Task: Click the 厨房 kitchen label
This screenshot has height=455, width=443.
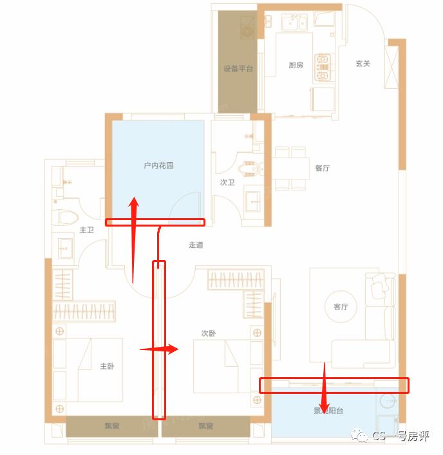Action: click(x=296, y=65)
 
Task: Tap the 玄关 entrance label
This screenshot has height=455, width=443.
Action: click(x=363, y=64)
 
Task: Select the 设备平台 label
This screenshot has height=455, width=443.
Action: click(x=238, y=68)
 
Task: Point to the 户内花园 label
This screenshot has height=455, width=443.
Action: click(x=158, y=165)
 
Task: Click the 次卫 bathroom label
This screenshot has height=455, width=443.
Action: click(x=227, y=183)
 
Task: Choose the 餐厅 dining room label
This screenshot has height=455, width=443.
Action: click(x=323, y=168)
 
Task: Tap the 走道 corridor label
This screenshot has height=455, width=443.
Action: click(x=196, y=245)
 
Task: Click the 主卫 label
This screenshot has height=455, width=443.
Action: click(x=87, y=230)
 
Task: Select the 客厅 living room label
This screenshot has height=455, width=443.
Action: click(x=341, y=307)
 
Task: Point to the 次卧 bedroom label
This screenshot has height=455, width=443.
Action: click(x=208, y=333)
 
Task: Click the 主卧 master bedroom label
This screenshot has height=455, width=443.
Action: click(x=107, y=366)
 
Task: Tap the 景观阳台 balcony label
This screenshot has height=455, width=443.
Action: click(x=328, y=411)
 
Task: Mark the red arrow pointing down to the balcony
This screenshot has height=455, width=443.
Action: click(x=324, y=386)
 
